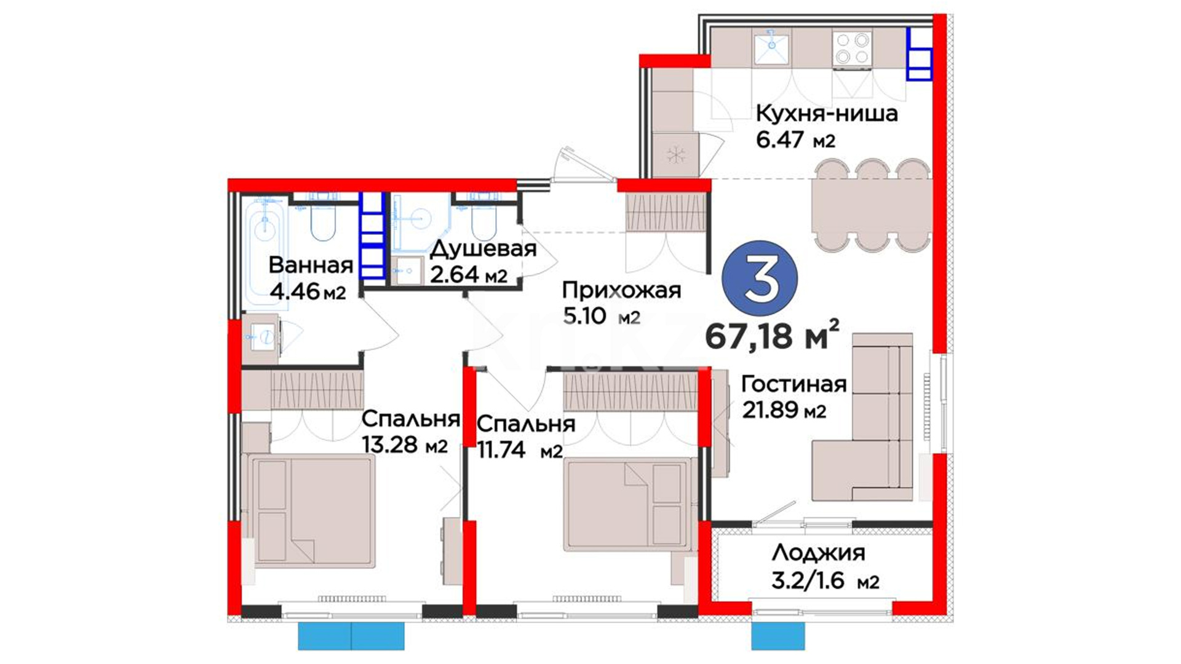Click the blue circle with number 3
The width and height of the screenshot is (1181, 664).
[x=760, y=279]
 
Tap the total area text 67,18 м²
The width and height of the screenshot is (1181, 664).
[x=772, y=334]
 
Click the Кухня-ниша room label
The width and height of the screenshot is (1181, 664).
[x=827, y=113]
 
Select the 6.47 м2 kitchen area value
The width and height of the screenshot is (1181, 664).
[x=796, y=140]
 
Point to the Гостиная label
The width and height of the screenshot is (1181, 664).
[x=794, y=384]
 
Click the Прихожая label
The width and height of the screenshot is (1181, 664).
[x=621, y=291]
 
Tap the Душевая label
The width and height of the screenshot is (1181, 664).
[x=483, y=249]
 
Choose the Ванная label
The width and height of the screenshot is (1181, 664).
[x=311, y=265]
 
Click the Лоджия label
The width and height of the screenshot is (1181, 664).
[x=818, y=553]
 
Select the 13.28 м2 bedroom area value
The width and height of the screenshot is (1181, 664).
[x=405, y=444]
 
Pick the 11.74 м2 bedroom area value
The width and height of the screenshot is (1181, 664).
[x=520, y=450]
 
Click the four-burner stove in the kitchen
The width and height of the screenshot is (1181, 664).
[x=852, y=49]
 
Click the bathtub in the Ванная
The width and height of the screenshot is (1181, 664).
[x=266, y=252]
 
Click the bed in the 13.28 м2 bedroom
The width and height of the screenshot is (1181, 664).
[x=308, y=511]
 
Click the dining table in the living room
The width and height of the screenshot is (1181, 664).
[x=872, y=205]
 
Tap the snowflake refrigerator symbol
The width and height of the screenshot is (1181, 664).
[x=676, y=155]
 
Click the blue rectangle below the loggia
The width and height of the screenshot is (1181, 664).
[x=778, y=636]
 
